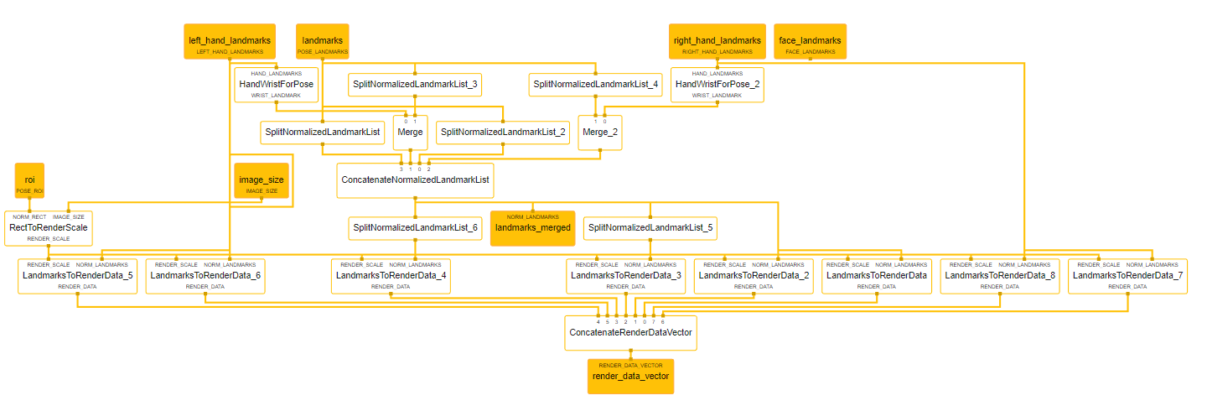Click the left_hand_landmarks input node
coord(229,41)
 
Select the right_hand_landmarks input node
coord(717,41)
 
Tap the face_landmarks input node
coord(810,41)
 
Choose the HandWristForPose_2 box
coord(717,84)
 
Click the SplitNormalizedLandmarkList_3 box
coord(414,84)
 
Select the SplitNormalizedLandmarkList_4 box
coord(596,84)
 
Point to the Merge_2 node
coord(599,133)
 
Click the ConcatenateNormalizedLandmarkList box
coord(414,179)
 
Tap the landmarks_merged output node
coord(532,227)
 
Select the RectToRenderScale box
coord(49,228)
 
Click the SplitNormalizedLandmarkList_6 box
coord(414,227)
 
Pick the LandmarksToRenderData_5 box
coord(77,276)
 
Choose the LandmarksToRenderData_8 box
coord(1000,276)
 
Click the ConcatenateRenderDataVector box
coord(630,332)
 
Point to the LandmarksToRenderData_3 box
coord(626,276)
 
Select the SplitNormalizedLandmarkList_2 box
coord(503,132)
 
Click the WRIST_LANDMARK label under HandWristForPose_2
coord(717,96)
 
